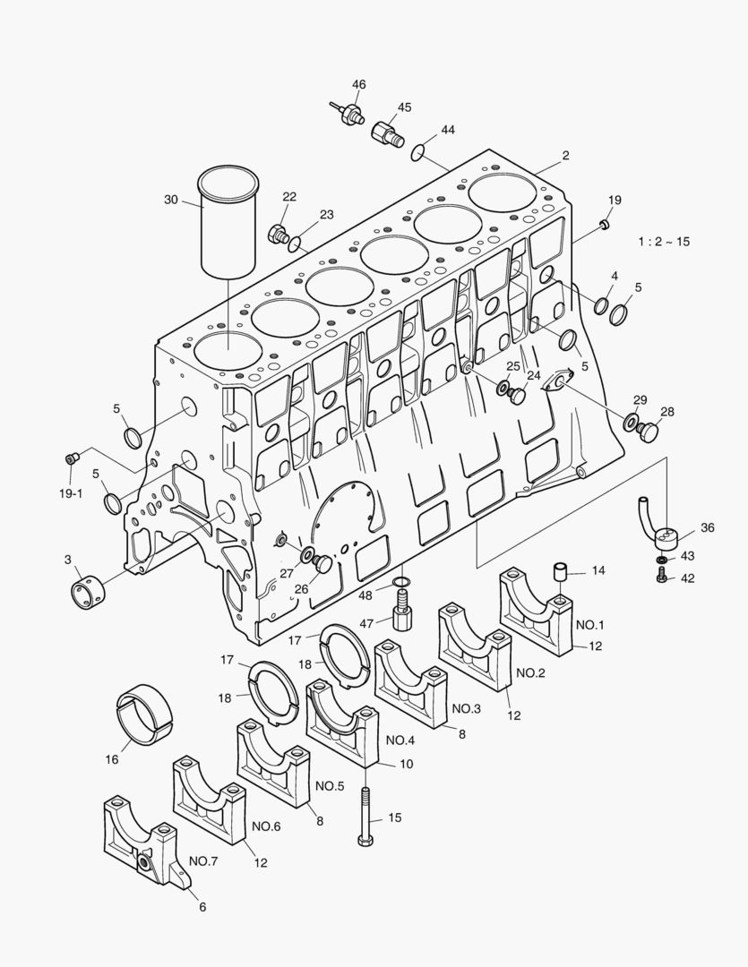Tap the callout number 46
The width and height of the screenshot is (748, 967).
[358, 84]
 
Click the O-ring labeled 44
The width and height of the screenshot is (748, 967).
[417, 151]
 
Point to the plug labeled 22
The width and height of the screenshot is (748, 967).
[279, 235]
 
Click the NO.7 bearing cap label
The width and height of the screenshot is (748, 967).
[203, 861]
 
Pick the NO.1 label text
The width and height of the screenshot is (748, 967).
[590, 625]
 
